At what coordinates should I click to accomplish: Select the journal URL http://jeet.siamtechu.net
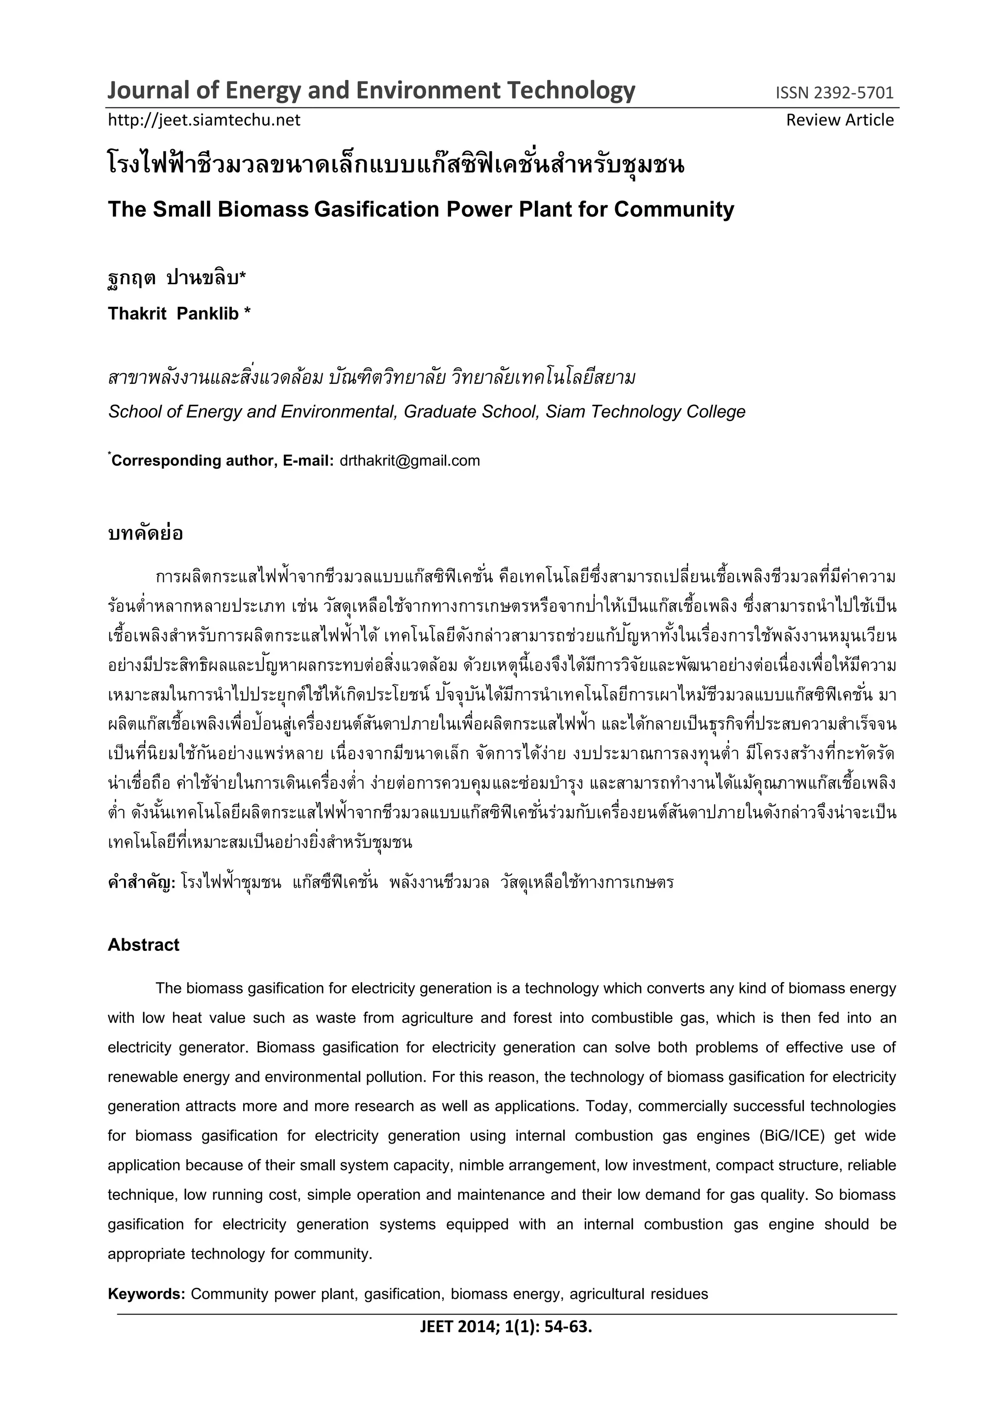[x=204, y=120]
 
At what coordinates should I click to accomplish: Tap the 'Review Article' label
[x=839, y=120]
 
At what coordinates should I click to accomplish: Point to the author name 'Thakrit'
[x=137, y=314]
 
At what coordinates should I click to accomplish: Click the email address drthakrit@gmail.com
[x=409, y=461]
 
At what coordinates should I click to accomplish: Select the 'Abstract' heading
[x=144, y=945]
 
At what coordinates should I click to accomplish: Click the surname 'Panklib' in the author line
[x=208, y=314]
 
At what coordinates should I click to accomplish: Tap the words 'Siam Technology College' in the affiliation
[x=645, y=412]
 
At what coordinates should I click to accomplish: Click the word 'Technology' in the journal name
[x=571, y=90]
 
